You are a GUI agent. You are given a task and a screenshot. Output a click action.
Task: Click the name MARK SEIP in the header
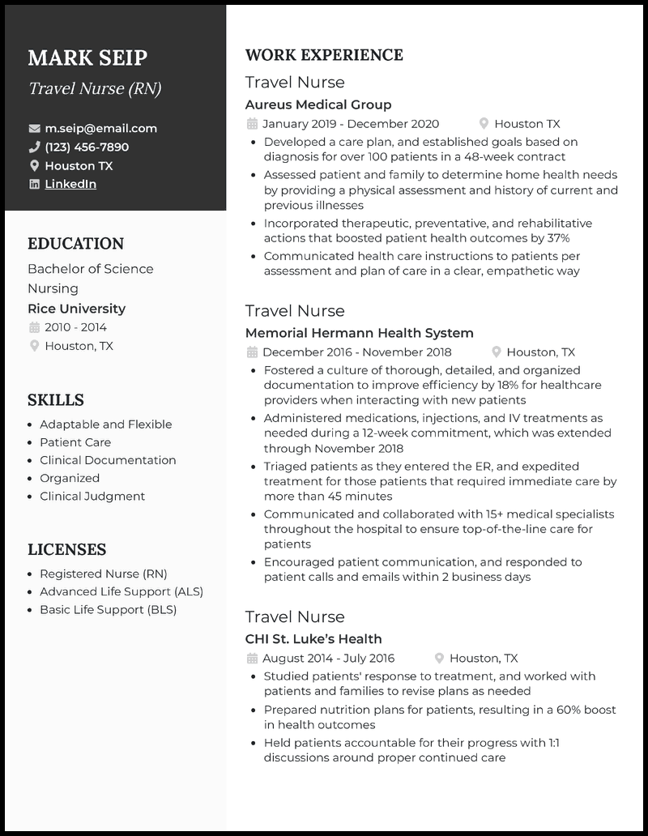[87, 58]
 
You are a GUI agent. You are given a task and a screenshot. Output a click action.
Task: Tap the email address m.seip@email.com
[100, 128]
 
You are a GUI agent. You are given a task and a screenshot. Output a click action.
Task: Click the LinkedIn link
[70, 184]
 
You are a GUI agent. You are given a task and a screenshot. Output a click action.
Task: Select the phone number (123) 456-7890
[87, 147]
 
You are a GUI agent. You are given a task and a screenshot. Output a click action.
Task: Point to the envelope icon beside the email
[34, 128]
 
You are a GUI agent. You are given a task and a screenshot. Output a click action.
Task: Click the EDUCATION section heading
[75, 244]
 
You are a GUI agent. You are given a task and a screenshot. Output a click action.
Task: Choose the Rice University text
[76, 309]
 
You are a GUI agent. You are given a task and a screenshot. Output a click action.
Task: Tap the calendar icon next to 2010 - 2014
[34, 327]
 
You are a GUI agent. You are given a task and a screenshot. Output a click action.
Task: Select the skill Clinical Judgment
[92, 496]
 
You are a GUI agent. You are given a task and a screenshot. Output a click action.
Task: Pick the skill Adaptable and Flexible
[105, 424]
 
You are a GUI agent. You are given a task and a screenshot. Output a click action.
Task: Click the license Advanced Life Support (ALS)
[122, 591]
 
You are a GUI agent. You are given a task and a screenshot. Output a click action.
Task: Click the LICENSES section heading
[66, 549]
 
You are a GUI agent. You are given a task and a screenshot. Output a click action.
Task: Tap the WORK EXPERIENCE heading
[324, 55]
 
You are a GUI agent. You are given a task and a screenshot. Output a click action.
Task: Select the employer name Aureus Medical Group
[318, 104]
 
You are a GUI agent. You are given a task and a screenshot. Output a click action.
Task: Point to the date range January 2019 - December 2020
[351, 124]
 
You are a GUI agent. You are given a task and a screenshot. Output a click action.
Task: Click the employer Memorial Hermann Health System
[359, 333]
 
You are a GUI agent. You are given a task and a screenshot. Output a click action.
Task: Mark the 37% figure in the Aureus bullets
[558, 238]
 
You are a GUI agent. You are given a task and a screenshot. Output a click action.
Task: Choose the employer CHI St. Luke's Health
[313, 639]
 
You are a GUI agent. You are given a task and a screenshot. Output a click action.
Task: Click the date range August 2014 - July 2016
[329, 659]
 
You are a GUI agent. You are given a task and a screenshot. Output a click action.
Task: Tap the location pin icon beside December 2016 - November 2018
[496, 352]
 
